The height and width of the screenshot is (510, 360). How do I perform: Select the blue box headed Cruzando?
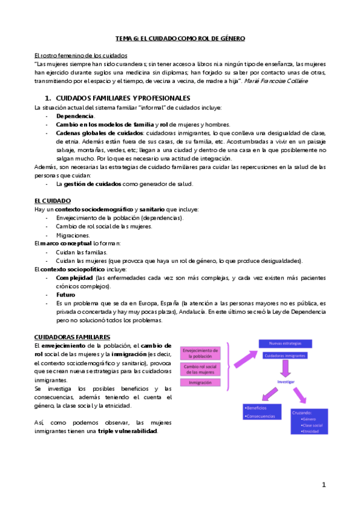(x=306, y=421)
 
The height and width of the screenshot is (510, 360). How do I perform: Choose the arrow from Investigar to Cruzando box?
(x=298, y=396)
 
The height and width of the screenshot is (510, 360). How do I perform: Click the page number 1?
(x=323, y=485)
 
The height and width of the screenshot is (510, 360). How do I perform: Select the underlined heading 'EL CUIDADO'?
(x=53, y=200)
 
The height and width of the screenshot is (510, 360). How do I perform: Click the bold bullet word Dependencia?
(x=75, y=115)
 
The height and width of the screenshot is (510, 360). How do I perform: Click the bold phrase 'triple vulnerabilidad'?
(x=128, y=431)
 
